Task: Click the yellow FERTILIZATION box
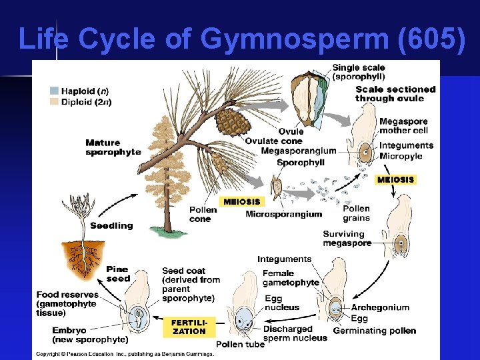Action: (189, 327)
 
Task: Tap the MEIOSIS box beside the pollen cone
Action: (242, 201)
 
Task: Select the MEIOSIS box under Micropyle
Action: (396, 179)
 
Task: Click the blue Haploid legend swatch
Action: (54, 91)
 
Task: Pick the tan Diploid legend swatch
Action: (54, 102)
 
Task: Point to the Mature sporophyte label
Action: (113, 147)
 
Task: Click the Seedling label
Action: (111, 226)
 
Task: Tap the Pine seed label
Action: (118, 274)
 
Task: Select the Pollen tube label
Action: (240, 345)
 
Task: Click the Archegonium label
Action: (380, 308)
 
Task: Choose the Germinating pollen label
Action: (374, 331)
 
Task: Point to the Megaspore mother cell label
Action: (403, 125)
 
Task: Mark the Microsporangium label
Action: (283, 214)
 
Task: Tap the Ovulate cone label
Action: (273, 141)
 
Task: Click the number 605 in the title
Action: (428, 39)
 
